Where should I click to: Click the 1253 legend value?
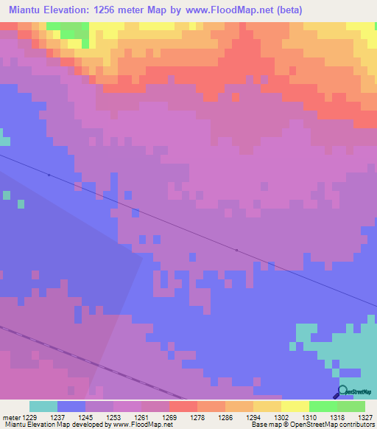pos(113,416)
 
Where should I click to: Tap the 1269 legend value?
pos(169,416)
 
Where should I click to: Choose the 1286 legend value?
pos(225,416)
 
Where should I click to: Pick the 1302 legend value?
pos(281,416)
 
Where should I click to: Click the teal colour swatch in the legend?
pos(43,406)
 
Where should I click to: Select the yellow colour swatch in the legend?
pos(295,406)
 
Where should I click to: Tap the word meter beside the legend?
pos(10,416)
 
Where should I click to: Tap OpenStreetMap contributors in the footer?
pos(339,425)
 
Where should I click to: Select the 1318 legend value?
pos(337,416)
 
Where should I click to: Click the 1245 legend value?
pos(85,416)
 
